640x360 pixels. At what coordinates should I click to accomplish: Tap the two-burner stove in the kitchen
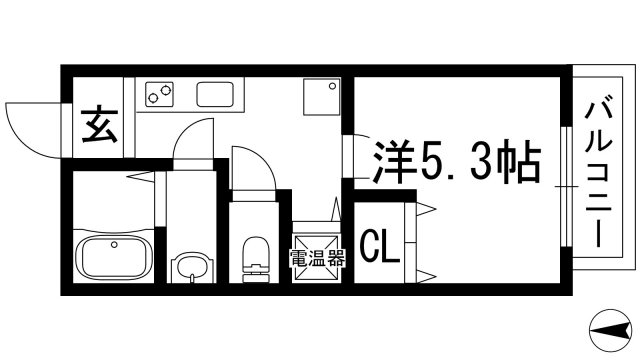(159, 95)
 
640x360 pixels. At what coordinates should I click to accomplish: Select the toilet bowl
(257, 256)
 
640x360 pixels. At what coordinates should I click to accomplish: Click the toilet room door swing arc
(251, 165)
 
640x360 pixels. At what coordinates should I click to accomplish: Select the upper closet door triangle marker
(427, 208)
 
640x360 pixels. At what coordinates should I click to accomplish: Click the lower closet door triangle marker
(427, 274)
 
